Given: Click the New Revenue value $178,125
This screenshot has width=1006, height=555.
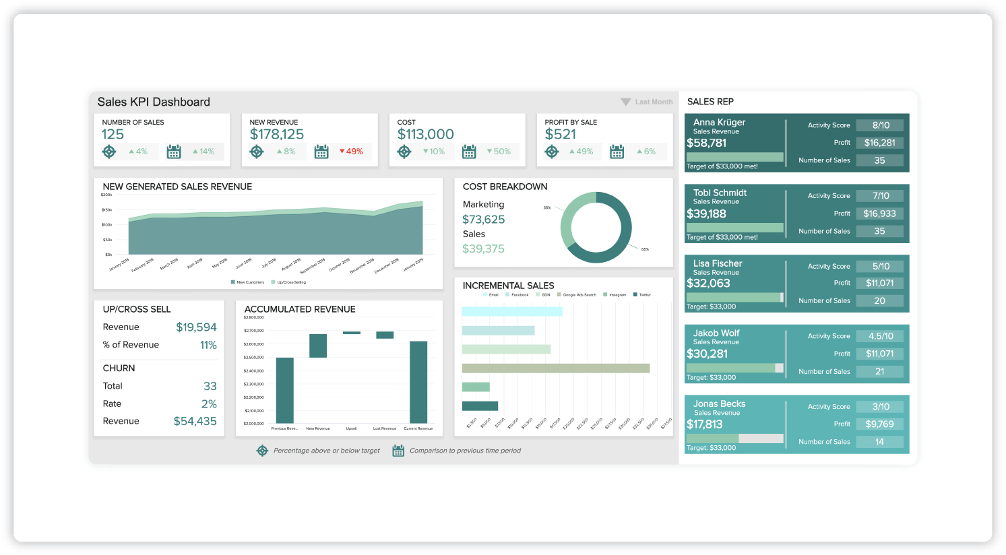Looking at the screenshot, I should (x=276, y=134).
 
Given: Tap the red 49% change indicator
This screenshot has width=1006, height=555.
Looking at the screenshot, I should (x=351, y=152).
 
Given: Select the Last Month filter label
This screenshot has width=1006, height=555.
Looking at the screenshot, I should (x=653, y=102).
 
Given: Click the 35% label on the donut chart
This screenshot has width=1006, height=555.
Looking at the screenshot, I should (x=547, y=207).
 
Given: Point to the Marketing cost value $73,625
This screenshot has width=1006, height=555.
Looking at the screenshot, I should (x=483, y=220).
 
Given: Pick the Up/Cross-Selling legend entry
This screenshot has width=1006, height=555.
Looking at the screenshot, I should (x=289, y=282).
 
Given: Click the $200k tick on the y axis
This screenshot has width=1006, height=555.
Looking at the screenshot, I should (x=106, y=195).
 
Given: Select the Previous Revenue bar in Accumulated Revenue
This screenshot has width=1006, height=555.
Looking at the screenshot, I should (x=285, y=390).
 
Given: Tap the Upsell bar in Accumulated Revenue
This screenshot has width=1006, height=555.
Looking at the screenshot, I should (x=352, y=333).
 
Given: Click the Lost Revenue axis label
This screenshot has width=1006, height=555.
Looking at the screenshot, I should (x=385, y=428).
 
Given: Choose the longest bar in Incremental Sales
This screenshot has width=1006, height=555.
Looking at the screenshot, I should (x=556, y=368).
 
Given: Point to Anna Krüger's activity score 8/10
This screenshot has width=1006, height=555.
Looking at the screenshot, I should (x=881, y=125).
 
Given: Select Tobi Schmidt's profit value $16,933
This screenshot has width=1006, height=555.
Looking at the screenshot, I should (x=879, y=214).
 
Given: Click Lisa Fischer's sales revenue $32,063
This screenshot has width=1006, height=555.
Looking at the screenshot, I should (x=708, y=284).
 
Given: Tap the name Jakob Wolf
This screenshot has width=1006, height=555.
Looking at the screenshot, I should (x=716, y=333).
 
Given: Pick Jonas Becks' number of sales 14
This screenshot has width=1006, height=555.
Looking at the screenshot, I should (x=879, y=442).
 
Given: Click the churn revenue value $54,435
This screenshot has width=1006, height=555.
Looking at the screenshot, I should (x=195, y=422).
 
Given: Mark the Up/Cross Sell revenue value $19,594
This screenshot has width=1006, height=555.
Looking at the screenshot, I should (x=196, y=327).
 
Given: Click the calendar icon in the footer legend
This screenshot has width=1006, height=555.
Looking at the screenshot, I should (x=398, y=451).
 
